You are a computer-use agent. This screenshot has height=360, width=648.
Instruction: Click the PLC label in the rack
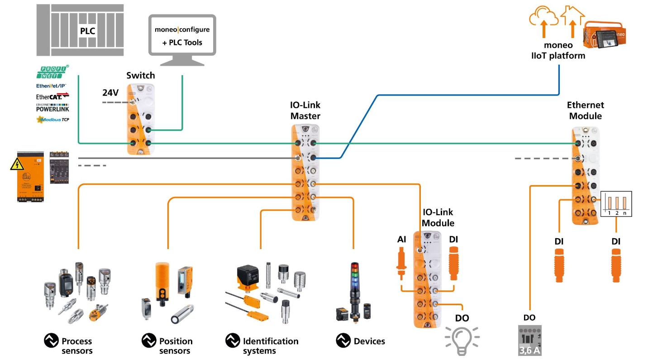coord(87,31)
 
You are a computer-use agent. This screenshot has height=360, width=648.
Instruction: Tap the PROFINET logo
coord(52,72)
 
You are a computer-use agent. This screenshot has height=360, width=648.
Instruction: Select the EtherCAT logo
coord(52,96)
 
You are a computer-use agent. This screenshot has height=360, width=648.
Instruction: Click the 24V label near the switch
coord(110,93)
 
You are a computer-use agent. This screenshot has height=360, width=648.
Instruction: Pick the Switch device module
coord(140,120)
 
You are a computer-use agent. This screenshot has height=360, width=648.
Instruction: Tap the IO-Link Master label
coord(305,110)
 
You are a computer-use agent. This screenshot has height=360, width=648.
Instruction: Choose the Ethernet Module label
coord(585,110)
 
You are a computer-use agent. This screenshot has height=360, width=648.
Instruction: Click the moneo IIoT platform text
coord(558,50)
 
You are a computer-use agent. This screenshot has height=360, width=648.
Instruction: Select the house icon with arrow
coord(572,20)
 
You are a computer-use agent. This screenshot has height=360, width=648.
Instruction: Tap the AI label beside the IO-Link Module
coord(401,239)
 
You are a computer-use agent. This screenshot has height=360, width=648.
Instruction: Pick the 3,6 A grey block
coord(529,340)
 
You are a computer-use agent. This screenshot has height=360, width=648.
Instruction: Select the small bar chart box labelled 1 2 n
coord(616,204)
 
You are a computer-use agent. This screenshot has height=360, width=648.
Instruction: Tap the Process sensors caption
coord(76,346)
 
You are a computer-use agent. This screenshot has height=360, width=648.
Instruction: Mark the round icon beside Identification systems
coord(233,341)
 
